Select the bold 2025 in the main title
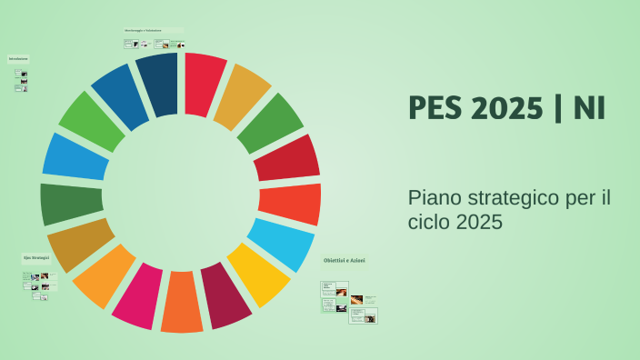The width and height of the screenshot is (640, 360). click(507, 108)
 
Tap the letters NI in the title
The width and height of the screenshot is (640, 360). click(589, 108)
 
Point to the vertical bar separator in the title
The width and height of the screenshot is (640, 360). click(556, 108)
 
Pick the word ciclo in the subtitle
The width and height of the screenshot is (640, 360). click(429, 222)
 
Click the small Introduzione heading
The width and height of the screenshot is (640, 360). click(18, 58)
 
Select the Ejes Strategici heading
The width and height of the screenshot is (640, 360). click(36, 257)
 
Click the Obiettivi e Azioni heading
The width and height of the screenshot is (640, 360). click(345, 261)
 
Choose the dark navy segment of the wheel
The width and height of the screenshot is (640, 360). click(157, 84)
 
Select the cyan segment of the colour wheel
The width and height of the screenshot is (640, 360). click(280, 244)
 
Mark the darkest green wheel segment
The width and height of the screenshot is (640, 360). click(72, 204)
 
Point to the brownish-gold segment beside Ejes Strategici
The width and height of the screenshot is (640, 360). click(80, 244)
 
